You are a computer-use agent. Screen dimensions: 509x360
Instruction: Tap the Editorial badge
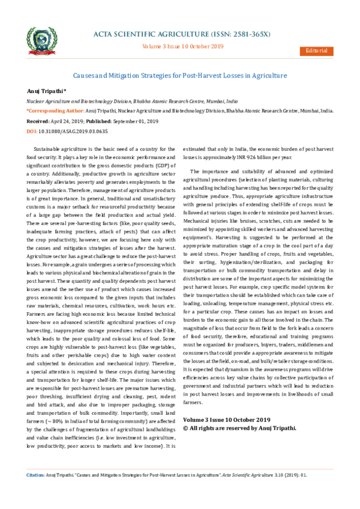coord(316,50)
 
